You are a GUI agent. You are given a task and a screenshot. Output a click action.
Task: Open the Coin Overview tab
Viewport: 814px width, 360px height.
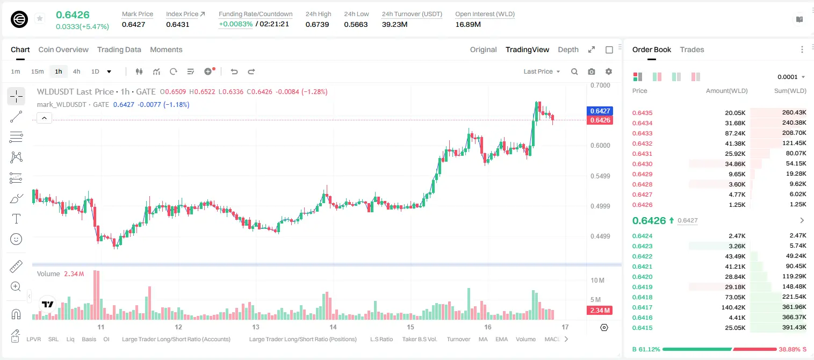point(63,49)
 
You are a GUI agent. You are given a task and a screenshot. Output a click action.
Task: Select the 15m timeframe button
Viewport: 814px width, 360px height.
point(37,71)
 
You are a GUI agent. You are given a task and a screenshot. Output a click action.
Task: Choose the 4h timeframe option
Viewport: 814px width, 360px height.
point(76,71)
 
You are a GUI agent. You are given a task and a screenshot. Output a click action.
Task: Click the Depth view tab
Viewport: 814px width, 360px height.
point(568,49)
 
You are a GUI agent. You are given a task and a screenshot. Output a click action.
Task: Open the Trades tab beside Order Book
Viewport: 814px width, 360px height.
point(691,49)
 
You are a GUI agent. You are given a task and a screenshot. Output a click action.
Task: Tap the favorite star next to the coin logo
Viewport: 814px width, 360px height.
point(40,18)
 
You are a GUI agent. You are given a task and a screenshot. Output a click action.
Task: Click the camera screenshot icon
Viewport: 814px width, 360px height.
point(592,71)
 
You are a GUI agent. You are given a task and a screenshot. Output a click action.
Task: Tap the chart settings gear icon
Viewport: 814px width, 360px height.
point(609,71)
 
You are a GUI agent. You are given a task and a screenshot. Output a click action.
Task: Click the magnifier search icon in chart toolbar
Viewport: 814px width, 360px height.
point(574,71)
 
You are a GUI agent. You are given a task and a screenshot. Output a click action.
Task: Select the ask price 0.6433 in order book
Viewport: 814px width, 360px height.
point(642,133)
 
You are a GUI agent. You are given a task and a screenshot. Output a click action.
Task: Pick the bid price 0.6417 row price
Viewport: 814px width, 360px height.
point(642,307)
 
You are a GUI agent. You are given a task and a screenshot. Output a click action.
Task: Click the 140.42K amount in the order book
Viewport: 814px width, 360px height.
point(733,307)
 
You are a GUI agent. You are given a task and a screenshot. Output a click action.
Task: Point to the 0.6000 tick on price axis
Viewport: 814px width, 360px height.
point(600,145)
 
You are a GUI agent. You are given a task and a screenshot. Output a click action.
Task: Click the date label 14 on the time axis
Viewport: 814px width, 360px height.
point(333,327)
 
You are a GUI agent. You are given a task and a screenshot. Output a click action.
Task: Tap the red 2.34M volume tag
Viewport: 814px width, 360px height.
point(600,310)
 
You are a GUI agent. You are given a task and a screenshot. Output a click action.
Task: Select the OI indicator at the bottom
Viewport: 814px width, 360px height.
point(106,339)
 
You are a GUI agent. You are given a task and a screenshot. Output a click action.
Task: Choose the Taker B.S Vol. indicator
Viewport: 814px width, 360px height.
point(419,339)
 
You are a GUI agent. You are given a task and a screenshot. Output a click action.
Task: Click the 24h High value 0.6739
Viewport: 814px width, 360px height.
point(317,24)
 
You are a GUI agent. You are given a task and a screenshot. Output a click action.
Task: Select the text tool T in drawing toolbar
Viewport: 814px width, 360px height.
point(16,219)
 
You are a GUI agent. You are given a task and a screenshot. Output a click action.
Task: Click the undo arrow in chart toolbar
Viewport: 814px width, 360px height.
point(234,71)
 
